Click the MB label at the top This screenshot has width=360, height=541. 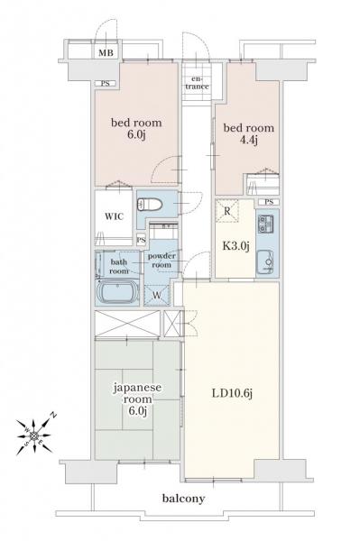[x=106, y=52]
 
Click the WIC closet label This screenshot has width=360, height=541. [x=114, y=217]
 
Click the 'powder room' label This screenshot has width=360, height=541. [x=162, y=260]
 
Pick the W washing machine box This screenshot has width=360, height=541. [x=157, y=293]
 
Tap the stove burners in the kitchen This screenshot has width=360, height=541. [x=267, y=225]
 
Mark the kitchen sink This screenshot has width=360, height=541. [x=267, y=261]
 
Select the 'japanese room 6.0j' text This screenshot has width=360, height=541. [x=130, y=399]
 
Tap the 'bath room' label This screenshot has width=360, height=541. [x=119, y=265]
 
